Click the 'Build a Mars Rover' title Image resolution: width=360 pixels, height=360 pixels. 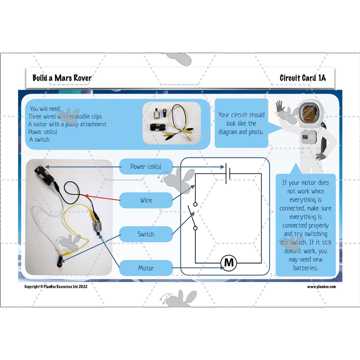(62, 78)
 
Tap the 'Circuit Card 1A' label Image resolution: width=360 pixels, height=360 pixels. (302, 78)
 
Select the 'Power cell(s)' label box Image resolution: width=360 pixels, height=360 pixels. (146, 166)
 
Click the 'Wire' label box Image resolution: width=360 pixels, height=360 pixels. (146, 200)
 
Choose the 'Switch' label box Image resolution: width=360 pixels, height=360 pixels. (146, 234)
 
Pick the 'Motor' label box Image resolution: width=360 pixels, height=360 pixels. (146, 268)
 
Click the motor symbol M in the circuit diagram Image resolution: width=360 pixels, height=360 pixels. (229, 262)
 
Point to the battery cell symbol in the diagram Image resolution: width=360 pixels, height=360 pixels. (229, 173)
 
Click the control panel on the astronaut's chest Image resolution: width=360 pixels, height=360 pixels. (309, 135)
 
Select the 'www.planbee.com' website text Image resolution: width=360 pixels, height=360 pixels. (322, 287)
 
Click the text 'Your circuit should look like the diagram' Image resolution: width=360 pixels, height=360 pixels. (241, 123)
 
